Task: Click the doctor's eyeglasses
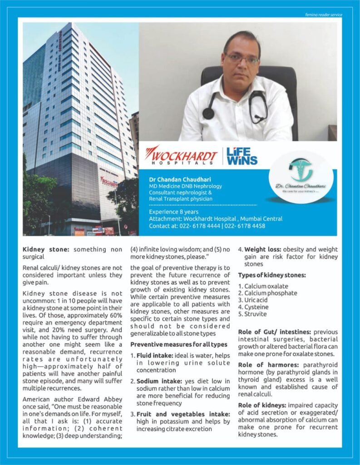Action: click(x=241, y=59)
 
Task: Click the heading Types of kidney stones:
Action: click(x=272, y=275)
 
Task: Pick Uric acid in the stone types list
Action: click(x=257, y=300)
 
